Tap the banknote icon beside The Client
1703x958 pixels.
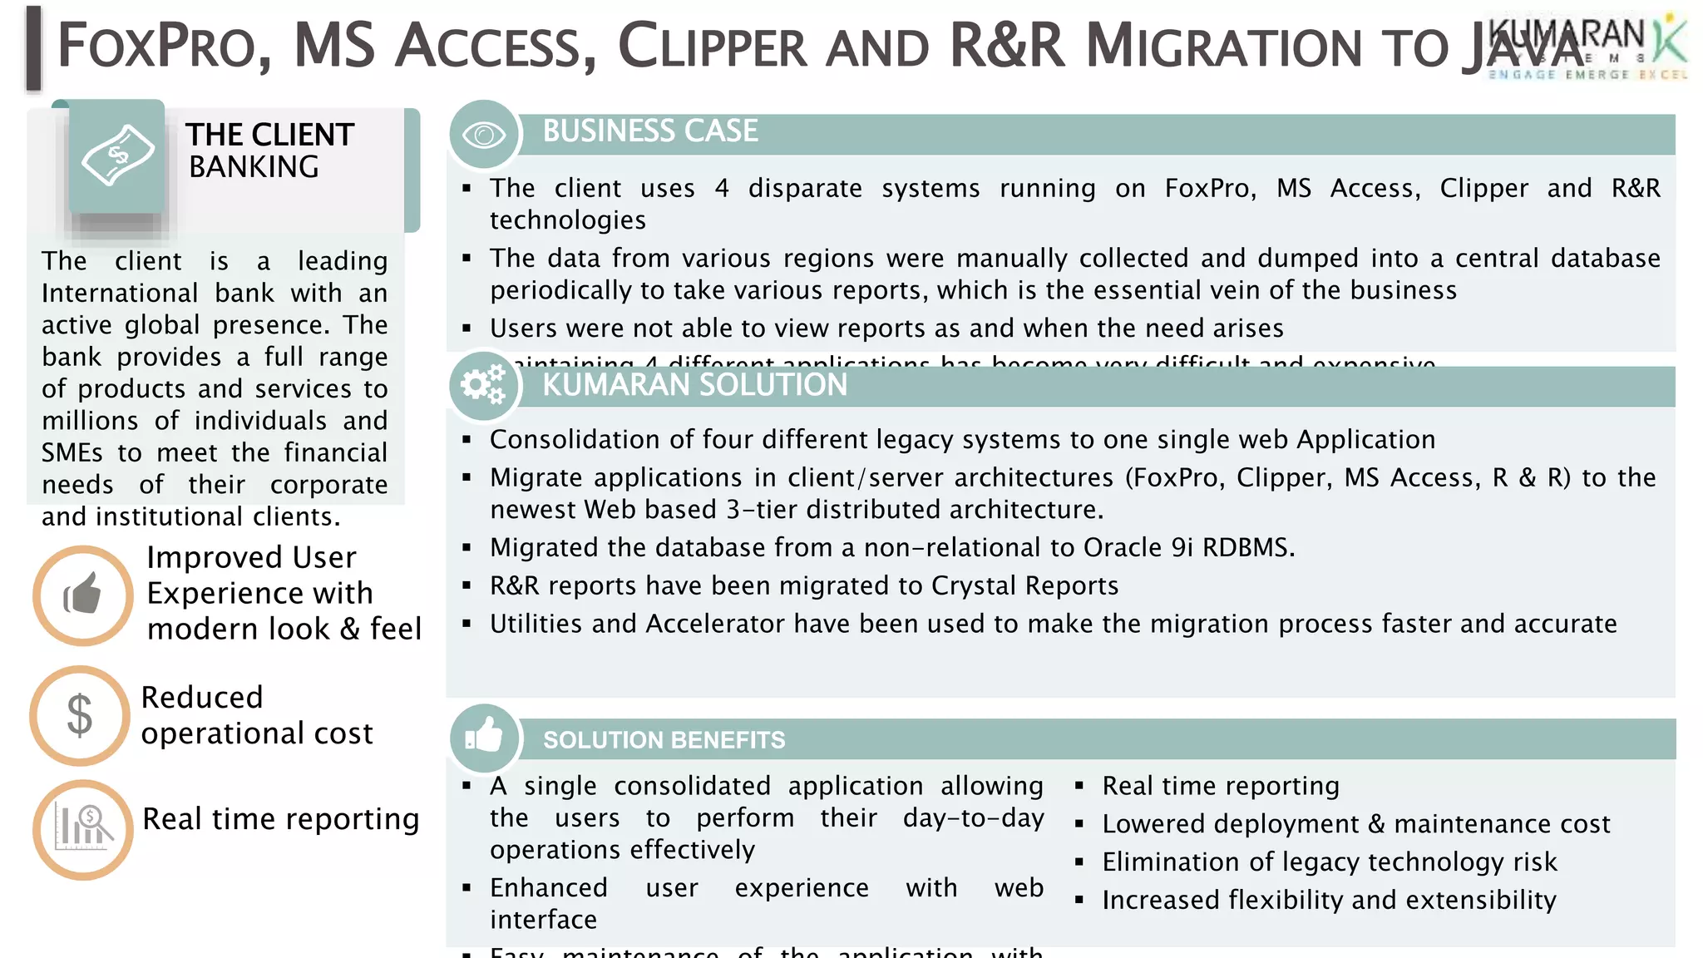(x=117, y=156)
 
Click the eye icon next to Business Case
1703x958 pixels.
(x=484, y=134)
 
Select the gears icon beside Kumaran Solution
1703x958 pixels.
(x=484, y=384)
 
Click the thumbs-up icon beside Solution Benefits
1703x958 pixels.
(x=484, y=736)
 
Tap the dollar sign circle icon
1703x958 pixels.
(x=80, y=715)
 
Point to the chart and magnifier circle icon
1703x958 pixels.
(x=82, y=829)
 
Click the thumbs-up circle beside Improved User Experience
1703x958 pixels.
(x=82, y=595)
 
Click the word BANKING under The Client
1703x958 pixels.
(x=254, y=167)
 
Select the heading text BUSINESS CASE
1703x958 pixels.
(x=650, y=131)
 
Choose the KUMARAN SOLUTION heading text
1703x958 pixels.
(x=694, y=385)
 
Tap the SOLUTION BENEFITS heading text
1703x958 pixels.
(x=664, y=740)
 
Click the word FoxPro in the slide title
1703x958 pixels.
(x=156, y=47)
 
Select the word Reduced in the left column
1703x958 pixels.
(x=202, y=697)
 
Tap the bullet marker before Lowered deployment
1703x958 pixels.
(x=1079, y=824)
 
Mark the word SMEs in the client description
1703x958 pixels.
(x=72, y=452)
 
